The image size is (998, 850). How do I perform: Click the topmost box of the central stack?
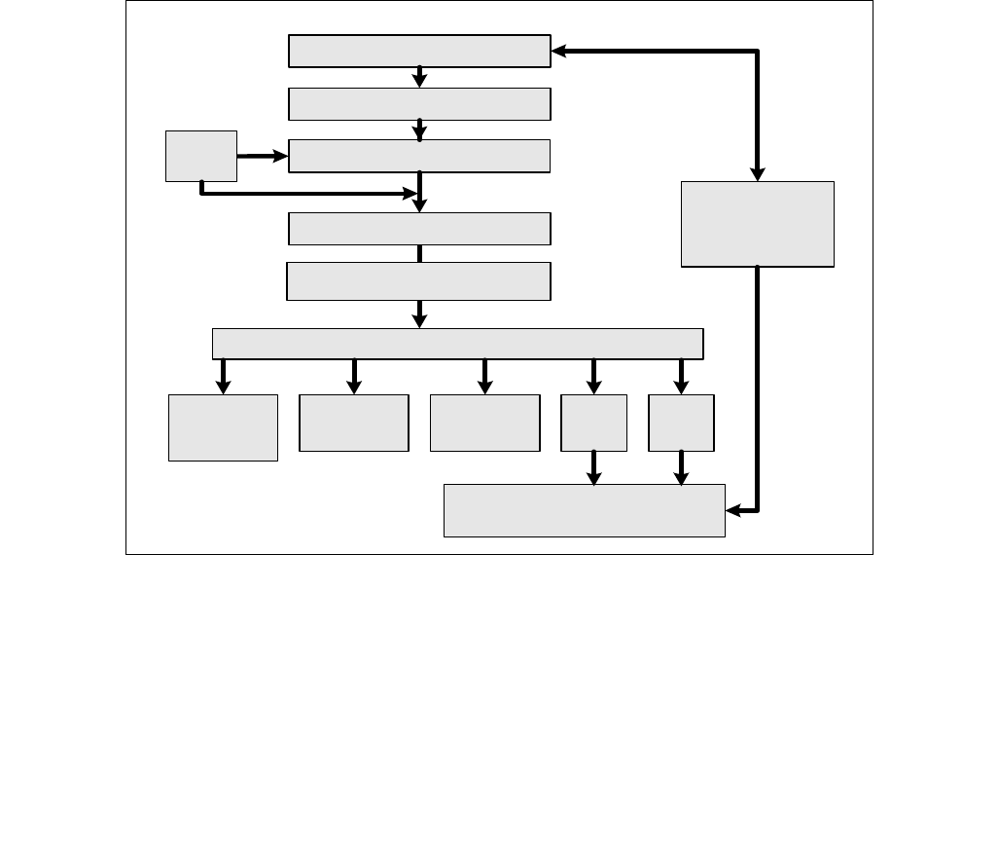tap(419, 51)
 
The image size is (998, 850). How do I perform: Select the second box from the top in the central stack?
tap(419, 103)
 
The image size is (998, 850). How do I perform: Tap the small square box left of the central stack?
tap(201, 156)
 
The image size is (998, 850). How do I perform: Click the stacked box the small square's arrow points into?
tap(419, 156)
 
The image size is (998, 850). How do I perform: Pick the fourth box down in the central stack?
tap(419, 228)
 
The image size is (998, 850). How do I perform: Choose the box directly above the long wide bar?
tap(418, 280)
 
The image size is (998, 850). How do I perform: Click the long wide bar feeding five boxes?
tap(457, 343)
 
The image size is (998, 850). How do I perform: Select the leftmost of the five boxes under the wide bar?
tap(223, 426)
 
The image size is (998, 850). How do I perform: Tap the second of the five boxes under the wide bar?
tap(353, 423)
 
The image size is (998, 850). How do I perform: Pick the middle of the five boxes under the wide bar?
tap(484, 423)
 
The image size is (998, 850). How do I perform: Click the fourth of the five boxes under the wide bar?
tap(593, 423)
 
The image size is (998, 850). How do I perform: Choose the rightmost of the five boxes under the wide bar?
tap(681, 423)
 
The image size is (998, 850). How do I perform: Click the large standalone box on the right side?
tap(758, 224)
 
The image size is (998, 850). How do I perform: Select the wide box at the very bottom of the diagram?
tap(584, 510)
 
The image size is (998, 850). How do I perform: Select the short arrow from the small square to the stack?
tap(263, 156)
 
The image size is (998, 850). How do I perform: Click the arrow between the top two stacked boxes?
tap(419, 77)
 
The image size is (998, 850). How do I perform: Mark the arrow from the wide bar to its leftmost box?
tap(223, 376)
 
